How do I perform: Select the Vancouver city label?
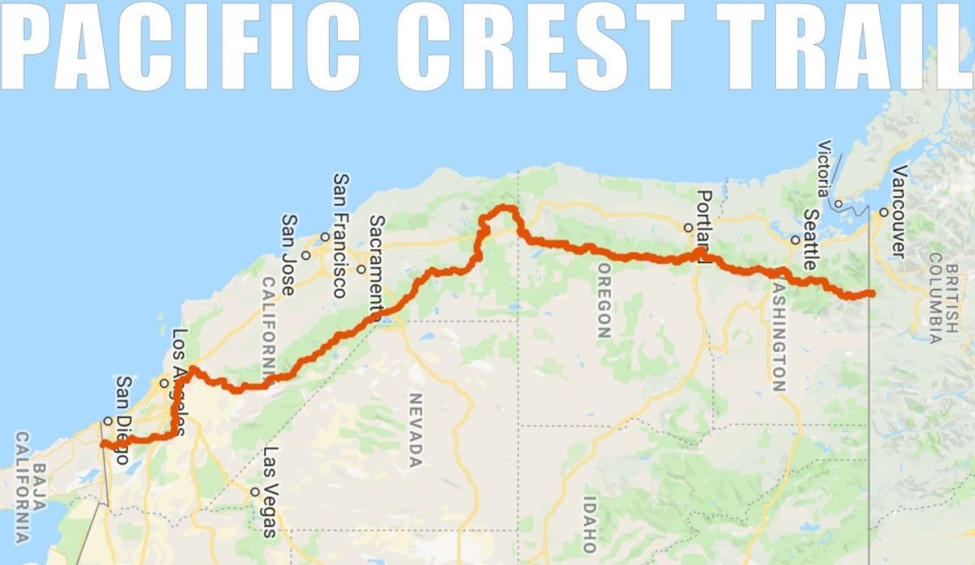pyautogui.click(x=898, y=211)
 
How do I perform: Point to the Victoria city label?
pyautogui.click(x=825, y=168)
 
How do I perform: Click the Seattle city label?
pyautogui.click(x=810, y=240)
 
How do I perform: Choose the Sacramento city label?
pyautogui.click(x=377, y=263)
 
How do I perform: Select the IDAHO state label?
pyautogui.click(x=589, y=524)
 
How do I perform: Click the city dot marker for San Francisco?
pyautogui.click(x=324, y=237)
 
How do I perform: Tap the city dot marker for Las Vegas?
pyautogui.click(x=255, y=491)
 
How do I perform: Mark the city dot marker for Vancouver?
pyautogui.click(x=883, y=213)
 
